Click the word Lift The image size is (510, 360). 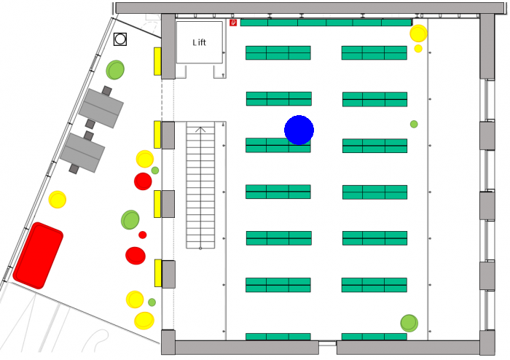[x=199, y=42]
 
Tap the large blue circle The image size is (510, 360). [x=299, y=130]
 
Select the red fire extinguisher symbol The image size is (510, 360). [x=233, y=23]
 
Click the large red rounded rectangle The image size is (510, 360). [x=38, y=256]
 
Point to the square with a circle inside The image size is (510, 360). [x=120, y=39]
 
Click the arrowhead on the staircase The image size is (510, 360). [x=200, y=130]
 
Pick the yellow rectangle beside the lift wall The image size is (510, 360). [x=157, y=61]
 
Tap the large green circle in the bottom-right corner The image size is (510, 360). [x=409, y=323]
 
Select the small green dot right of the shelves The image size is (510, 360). [x=414, y=124]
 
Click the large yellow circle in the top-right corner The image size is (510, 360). [x=418, y=34]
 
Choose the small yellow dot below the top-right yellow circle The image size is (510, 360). [x=418, y=48]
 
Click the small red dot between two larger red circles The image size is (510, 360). [x=143, y=235]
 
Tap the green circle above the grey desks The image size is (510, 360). [x=115, y=70]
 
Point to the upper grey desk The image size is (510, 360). [x=101, y=109]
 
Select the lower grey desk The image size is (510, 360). [x=82, y=153]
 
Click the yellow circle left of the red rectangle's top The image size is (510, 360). [x=58, y=200]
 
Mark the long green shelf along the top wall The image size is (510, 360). [x=326, y=23]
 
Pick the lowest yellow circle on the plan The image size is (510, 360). [x=144, y=321]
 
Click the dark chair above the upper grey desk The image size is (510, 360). [x=106, y=91]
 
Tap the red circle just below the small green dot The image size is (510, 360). [x=143, y=181]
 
